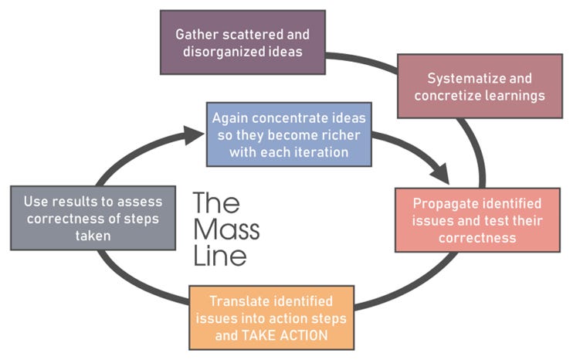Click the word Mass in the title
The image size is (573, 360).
pos(226,229)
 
